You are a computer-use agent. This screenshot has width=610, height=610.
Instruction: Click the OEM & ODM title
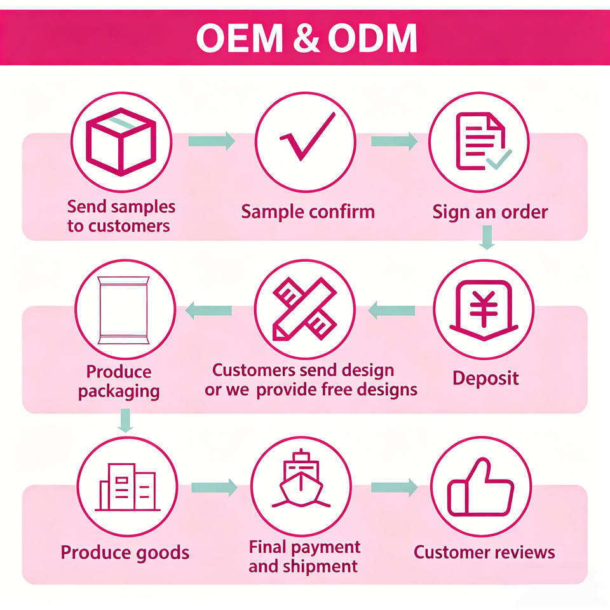pos(306,37)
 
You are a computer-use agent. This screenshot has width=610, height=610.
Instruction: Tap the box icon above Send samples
pos(121,142)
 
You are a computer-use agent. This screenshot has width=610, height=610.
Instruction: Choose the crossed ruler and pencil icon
pos(305,309)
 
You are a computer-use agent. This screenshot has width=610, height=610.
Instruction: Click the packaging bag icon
pos(124,310)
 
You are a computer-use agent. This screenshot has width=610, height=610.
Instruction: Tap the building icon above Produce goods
pos(128,487)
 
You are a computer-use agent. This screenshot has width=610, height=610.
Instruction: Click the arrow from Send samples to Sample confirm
pos(212,141)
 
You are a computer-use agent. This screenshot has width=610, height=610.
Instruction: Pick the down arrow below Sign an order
pos(487,237)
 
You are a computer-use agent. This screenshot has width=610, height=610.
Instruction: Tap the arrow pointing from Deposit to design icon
pos(391,311)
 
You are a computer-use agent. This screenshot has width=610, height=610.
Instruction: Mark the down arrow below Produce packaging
pos(125,420)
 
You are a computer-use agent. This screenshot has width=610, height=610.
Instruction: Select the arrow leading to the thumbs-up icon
pos(394,487)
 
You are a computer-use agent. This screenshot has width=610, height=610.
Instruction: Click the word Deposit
pos(485,379)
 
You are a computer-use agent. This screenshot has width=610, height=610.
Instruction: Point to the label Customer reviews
pos(484,552)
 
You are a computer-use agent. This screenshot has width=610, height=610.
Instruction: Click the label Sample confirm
pos(308,212)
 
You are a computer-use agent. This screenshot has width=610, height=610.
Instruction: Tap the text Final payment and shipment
pos(304,557)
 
